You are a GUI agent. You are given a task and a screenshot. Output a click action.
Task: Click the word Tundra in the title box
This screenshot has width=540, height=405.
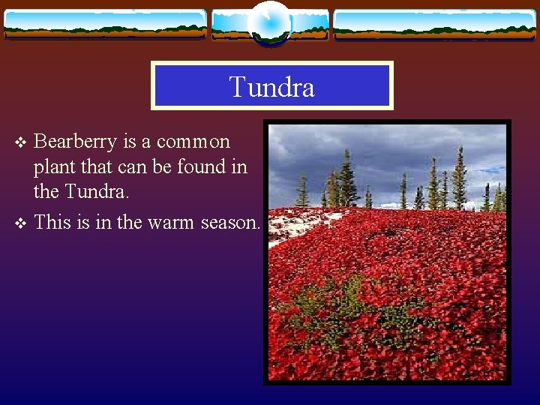pos(271,87)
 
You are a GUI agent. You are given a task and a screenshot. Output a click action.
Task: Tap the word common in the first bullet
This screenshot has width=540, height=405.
pos(193,142)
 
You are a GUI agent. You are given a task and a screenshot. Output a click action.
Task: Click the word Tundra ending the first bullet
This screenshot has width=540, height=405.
pos(97,192)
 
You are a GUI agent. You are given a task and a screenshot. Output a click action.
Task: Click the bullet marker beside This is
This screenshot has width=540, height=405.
pos(21,223)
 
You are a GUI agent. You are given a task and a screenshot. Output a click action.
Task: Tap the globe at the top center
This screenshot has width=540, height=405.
pos(269,22)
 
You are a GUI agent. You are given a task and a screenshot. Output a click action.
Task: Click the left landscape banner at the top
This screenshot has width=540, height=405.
pos(105,24)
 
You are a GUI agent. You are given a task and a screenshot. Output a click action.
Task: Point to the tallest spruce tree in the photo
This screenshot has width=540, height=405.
pos(346,178)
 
